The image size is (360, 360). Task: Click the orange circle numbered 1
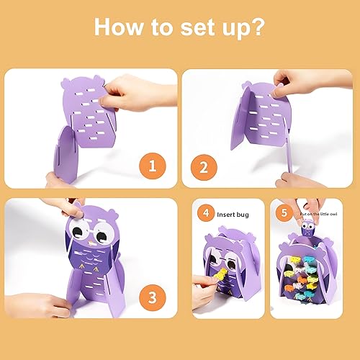point(151,168)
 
